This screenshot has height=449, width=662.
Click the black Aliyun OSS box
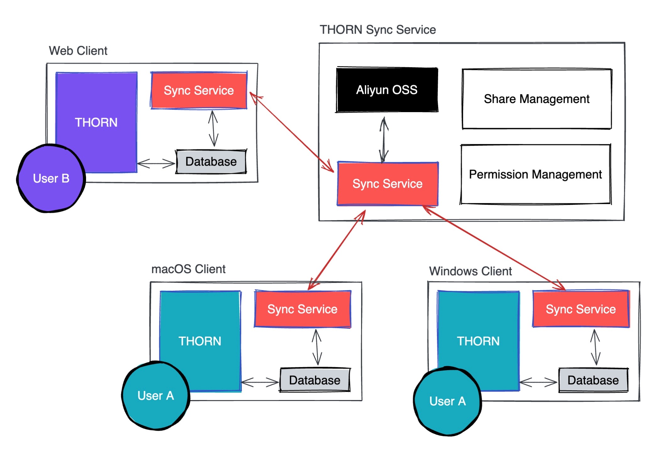[387, 90]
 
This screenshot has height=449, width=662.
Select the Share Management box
[536, 99]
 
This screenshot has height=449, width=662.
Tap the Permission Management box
[535, 174]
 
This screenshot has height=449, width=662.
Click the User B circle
[51, 178]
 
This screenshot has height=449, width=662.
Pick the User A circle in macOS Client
[155, 396]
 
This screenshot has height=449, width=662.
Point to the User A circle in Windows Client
[447, 401]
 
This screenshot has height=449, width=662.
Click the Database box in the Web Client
[211, 162]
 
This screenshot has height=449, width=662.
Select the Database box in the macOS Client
[314, 380]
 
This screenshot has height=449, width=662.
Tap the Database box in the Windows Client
[593, 380]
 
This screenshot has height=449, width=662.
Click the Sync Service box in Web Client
[198, 90]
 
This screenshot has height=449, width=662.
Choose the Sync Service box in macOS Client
[302, 309]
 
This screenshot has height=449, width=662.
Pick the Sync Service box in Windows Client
[581, 309]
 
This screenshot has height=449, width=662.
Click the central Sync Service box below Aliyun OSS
[387, 184]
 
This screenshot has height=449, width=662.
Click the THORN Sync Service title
[377, 30]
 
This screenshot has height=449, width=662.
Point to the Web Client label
[78, 51]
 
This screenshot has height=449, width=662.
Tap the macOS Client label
[188, 269]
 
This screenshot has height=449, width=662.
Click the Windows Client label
[470, 271]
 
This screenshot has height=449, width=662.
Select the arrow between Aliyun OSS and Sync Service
[383, 140]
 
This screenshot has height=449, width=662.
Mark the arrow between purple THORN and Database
[156, 164]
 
